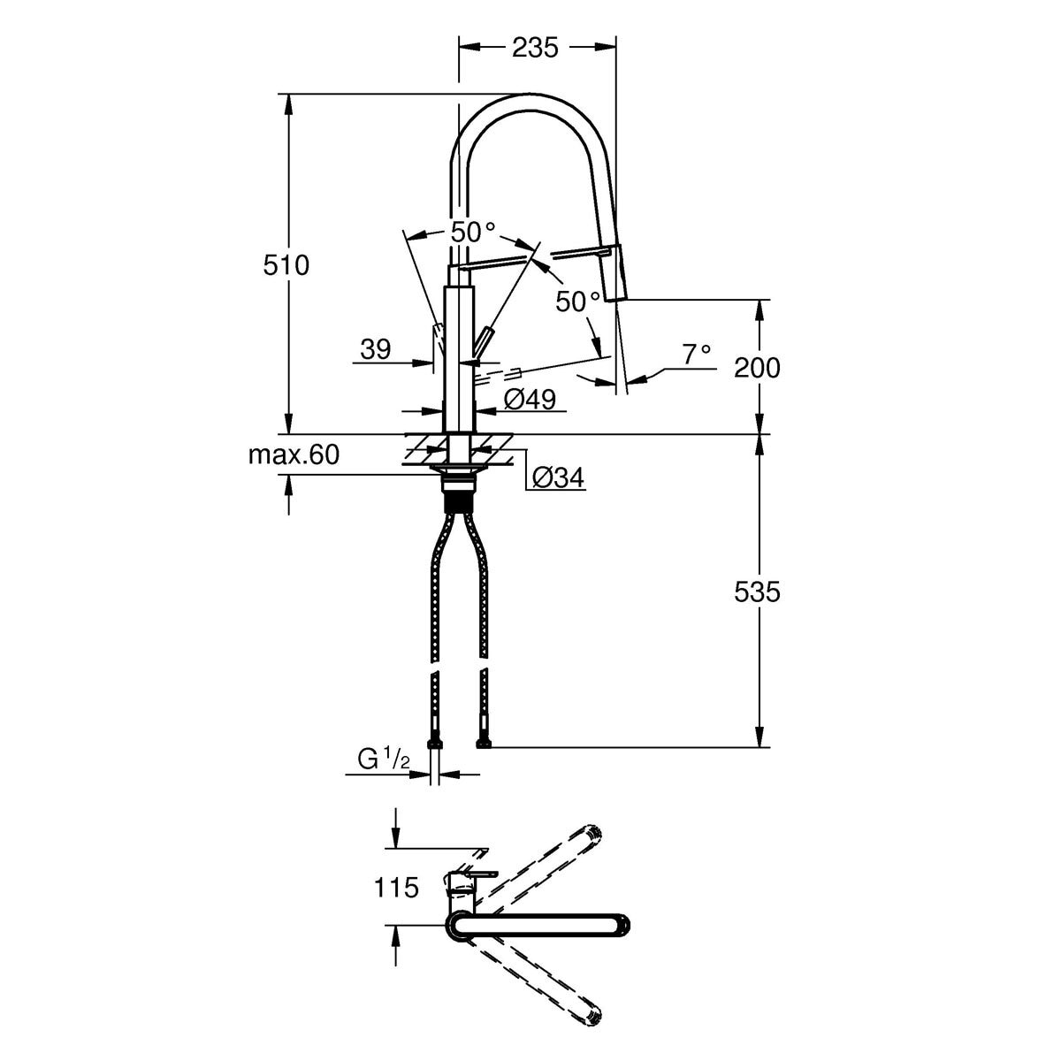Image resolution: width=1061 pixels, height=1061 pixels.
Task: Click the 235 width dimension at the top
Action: (536, 49)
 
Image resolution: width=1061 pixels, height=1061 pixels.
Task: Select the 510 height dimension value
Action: (286, 264)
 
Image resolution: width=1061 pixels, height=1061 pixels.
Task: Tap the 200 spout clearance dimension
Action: (757, 366)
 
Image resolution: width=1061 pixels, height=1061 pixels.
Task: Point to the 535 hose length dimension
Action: (757, 592)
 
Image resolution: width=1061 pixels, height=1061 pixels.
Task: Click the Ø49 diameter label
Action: (530, 400)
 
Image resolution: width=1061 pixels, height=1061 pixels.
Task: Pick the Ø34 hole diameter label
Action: (557, 478)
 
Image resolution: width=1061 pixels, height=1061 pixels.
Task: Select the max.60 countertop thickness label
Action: (293, 455)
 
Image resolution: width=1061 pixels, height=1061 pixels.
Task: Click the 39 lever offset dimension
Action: (375, 350)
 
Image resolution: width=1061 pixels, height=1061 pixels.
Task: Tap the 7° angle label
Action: (695, 354)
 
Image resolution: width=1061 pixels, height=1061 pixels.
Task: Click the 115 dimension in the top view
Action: (395, 887)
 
